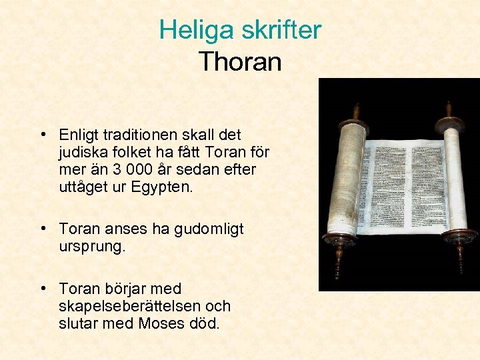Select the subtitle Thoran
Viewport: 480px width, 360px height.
tap(240, 62)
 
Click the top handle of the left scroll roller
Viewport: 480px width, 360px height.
tap(356, 111)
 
